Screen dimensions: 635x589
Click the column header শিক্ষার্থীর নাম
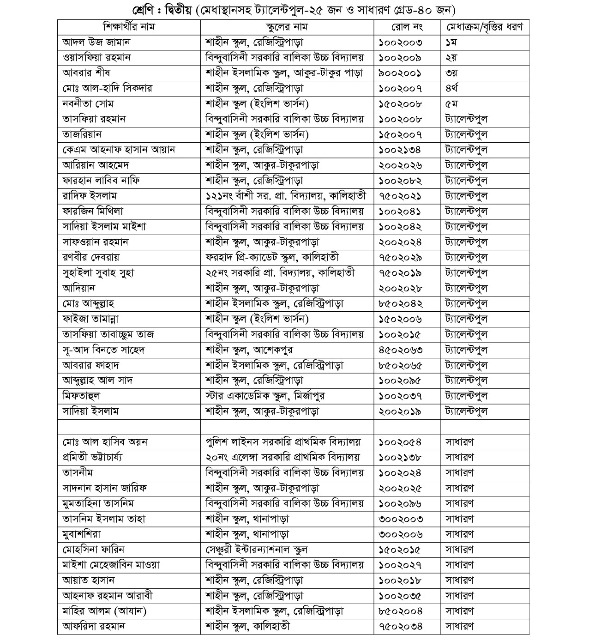129,27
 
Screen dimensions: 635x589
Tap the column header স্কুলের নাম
287,27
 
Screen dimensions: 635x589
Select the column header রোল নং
407,27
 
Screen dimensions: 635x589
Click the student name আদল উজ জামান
96,42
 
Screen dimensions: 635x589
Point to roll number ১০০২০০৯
400,58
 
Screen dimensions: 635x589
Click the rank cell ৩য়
452,73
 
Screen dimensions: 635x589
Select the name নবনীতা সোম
88,103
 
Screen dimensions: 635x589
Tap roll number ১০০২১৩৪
400,150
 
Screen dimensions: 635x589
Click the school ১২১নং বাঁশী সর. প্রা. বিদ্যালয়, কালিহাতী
286,196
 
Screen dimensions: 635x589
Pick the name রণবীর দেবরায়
91,257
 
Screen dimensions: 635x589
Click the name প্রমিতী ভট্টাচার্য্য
92,457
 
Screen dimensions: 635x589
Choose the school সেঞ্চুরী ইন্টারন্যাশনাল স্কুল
257,550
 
